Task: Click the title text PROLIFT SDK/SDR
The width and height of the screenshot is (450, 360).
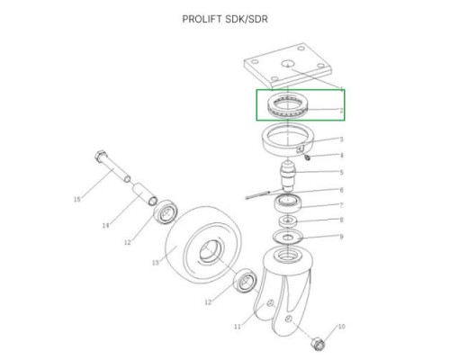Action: point(225,19)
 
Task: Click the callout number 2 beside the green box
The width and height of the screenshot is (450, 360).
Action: point(341,111)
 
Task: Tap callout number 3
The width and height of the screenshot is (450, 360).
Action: point(341,139)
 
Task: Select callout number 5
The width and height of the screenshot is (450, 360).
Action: point(341,172)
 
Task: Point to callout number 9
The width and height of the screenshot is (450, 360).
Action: point(341,237)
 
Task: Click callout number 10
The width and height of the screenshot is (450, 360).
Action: point(341,327)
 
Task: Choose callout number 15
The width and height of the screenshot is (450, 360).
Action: point(77,199)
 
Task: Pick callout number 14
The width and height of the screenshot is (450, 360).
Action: point(105,225)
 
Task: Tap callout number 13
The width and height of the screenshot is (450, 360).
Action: point(156,263)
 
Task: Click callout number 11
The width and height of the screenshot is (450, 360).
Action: point(238,327)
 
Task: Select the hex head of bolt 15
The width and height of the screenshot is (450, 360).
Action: point(100,156)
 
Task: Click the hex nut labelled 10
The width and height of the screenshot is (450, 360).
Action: point(318,344)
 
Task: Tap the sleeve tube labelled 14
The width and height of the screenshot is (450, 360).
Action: point(145,194)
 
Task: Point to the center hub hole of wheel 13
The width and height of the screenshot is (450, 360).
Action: point(211,251)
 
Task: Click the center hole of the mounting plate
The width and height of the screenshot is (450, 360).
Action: point(288,64)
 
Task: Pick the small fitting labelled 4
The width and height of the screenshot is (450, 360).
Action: point(307,157)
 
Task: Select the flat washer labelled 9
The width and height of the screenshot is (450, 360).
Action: point(288,237)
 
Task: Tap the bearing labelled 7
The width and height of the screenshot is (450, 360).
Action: point(288,203)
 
